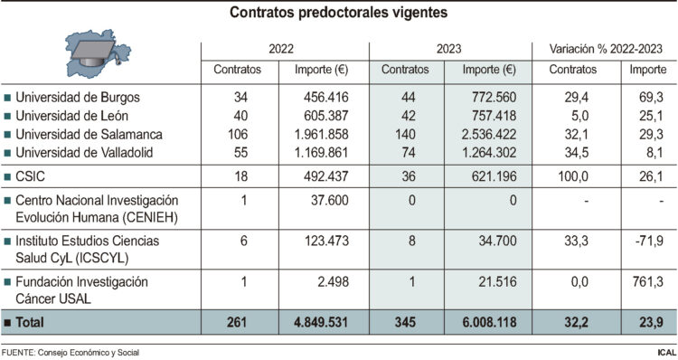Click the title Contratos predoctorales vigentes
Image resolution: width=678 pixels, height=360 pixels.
[338, 14]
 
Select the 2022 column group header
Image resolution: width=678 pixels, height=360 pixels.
[285, 48]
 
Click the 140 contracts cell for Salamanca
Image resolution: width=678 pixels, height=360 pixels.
[406, 134]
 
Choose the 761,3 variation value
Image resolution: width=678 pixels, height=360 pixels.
[649, 283]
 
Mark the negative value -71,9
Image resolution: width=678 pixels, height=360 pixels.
[648, 241]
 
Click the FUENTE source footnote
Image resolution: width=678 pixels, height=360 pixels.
[71, 352]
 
